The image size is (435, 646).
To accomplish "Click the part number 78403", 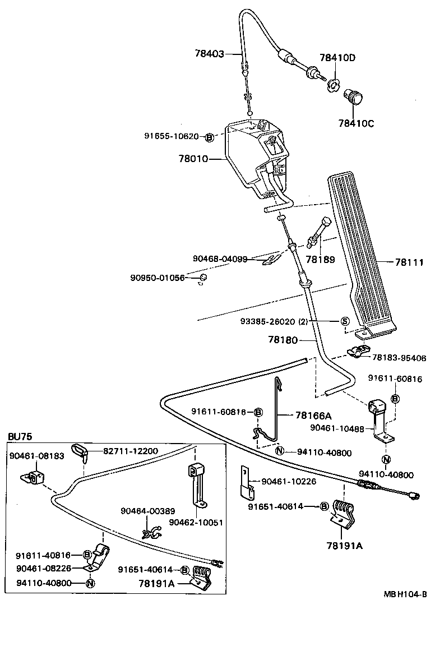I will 209,54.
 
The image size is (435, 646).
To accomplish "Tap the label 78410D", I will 337,58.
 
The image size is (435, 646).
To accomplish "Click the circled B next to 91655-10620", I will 209,136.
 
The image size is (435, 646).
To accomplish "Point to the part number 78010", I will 193,159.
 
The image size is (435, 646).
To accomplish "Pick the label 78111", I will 409,262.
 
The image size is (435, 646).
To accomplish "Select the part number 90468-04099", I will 220,259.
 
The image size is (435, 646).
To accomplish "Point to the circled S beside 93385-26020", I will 345,321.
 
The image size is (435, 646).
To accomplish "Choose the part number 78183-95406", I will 399,357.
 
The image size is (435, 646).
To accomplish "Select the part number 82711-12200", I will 130,451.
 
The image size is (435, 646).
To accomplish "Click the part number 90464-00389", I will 148,511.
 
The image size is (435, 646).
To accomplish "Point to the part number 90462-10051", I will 196,522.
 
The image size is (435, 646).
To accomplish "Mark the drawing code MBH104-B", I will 405,595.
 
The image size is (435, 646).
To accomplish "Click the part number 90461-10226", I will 288,481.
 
